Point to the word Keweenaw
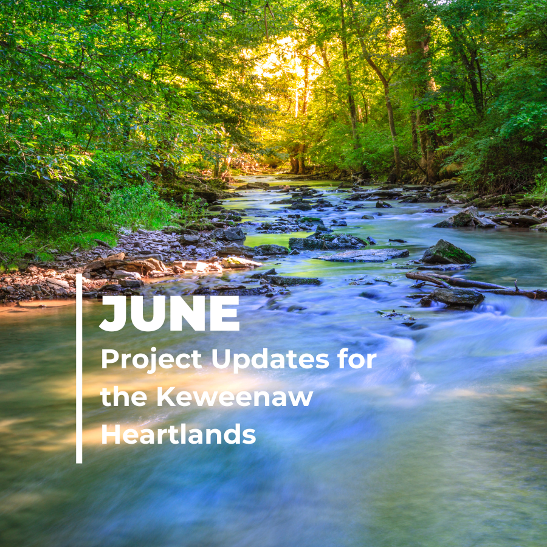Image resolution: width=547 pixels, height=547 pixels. click(235, 397)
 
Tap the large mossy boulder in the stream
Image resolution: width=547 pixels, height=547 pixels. click(447, 252)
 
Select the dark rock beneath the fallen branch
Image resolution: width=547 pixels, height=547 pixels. click(457, 297)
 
